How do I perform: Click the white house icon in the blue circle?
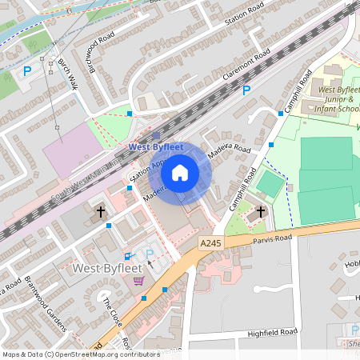(x=180, y=172)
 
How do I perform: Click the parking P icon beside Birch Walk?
(x=27, y=71)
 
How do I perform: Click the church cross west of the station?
(x=101, y=212)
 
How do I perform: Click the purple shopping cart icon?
(x=139, y=281)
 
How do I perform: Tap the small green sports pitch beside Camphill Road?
(x=270, y=186)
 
